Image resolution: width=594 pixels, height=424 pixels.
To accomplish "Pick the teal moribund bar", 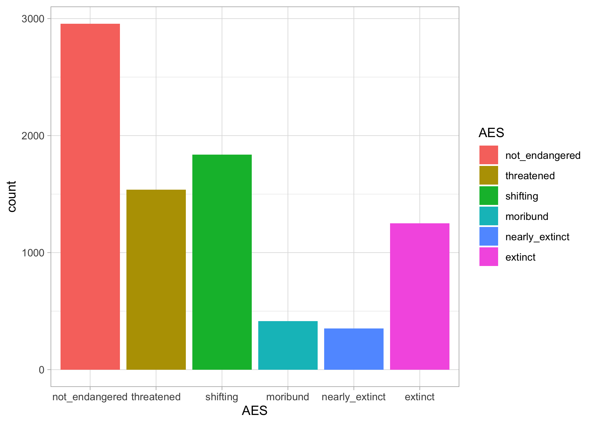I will [x=288, y=345].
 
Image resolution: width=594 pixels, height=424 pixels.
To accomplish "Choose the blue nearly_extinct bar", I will [x=354, y=349].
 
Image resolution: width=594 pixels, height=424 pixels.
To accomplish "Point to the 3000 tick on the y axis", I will [x=33, y=19].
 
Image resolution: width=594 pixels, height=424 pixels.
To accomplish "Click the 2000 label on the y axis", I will [x=33, y=136].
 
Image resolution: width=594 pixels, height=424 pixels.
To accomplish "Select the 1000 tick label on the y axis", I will [x=33, y=253].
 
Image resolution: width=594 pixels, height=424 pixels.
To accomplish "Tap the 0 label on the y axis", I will [x=42, y=370].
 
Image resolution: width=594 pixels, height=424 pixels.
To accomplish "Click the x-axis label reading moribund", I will [x=288, y=397].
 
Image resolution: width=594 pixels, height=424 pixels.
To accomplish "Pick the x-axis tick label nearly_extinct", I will [x=354, y=397].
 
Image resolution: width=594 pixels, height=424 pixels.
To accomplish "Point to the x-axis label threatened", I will [x=156, y=397].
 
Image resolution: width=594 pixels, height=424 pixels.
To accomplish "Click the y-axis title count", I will [x=12, y=196].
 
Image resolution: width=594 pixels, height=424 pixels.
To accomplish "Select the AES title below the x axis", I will [x=255, y=411].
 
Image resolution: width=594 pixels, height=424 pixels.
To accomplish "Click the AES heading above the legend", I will [x=491, y=133].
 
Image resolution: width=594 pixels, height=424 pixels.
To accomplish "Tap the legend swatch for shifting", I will [x=488, y=196].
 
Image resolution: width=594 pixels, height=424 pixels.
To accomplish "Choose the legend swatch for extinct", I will [x=488, y=257].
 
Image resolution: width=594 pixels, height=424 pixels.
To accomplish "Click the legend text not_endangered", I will [x=543, y=155].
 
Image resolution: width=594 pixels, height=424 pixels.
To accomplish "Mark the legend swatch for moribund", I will [x=488, y=216].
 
